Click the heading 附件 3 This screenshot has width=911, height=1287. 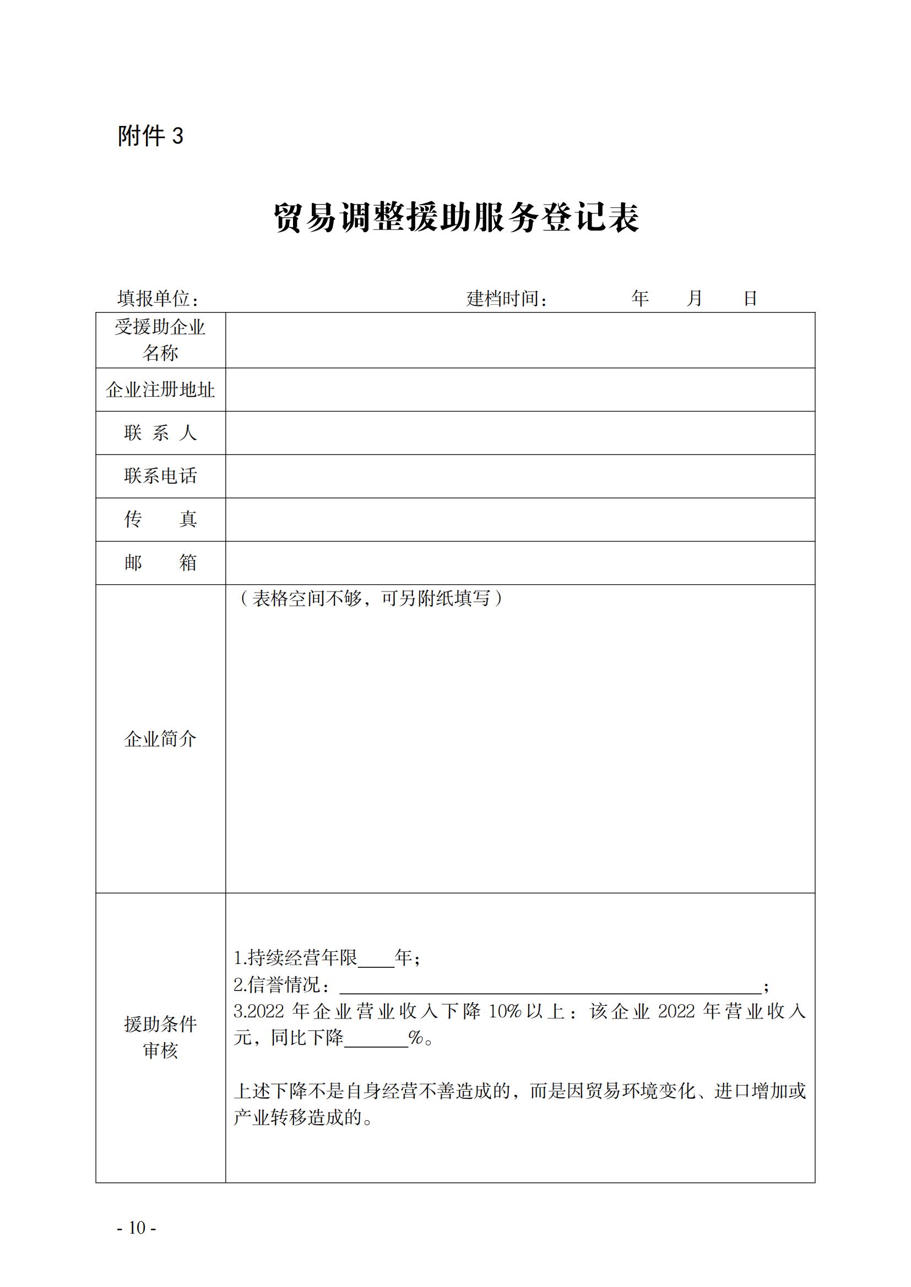pos(150,136)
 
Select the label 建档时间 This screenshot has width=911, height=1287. pos(506,299)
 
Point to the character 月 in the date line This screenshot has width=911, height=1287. pos(695,298)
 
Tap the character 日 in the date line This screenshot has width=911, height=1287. pos(750,298)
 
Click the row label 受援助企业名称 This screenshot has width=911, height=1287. pos(160,339)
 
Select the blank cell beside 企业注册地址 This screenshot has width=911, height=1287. pos(520,390)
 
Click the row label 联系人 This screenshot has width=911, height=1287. pos(160,432)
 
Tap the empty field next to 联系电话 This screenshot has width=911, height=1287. pos(520,476)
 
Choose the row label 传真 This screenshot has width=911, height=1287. pos(160,519)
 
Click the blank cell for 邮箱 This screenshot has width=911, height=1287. pos(520,563)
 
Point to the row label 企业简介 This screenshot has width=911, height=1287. pos(160,739)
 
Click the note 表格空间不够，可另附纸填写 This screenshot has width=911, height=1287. pos(371,599)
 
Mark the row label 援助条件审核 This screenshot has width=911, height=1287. pos(160,1037)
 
